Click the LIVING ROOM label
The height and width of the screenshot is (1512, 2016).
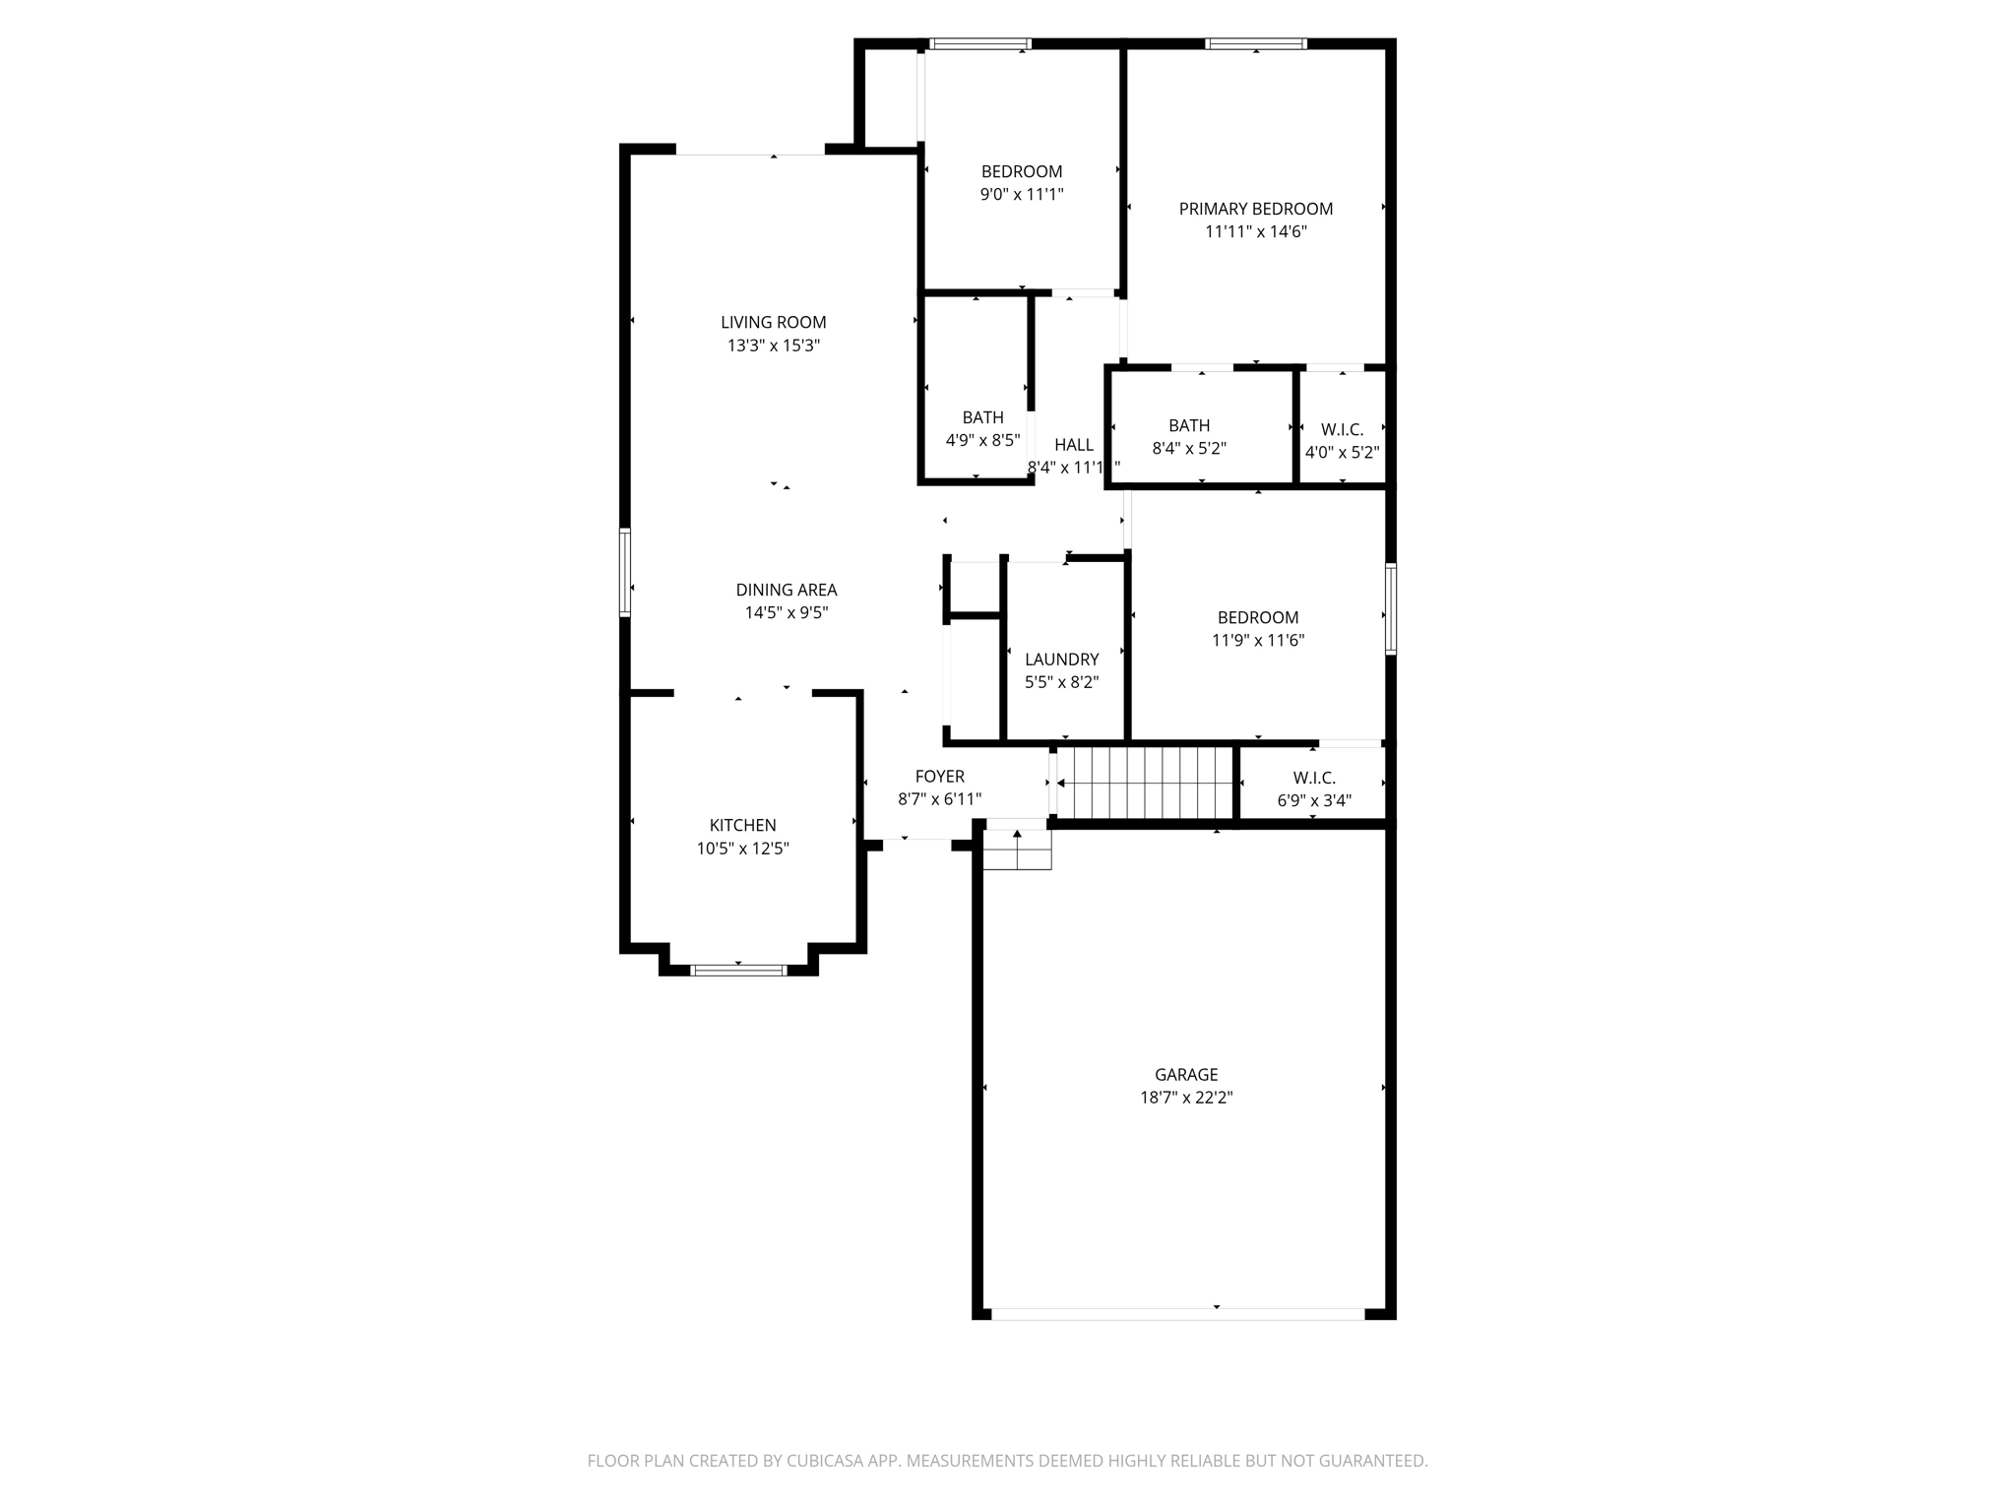[773, 322]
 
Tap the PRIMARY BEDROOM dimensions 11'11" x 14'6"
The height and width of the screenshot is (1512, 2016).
[1255, 232]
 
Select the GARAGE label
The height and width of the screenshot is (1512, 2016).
[1186, 1075]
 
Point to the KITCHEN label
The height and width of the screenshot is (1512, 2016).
[742, 825]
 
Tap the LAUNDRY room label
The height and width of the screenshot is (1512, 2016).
[1061, 660]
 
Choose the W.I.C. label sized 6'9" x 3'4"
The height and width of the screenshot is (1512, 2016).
[1314, 778]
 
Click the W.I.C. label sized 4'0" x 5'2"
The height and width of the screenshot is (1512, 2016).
[1342, 430]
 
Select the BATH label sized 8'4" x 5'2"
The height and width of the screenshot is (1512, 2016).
[1188, 425]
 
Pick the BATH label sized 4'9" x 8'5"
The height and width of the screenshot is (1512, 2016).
[982, 417]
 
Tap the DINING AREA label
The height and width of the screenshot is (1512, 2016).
[786, 590]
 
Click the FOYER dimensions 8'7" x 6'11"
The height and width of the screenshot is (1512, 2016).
[939, 800]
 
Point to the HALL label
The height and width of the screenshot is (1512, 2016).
[1073, 445]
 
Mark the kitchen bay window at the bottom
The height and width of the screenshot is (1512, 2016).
[738, 971]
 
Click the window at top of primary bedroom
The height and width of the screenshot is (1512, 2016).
[1256, 43]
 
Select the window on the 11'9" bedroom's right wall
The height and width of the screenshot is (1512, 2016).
[1390, 608]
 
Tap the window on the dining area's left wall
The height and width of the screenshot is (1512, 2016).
[625, 572]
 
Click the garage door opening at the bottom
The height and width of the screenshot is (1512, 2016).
[1177, 1314]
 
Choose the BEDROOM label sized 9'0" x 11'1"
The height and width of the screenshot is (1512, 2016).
[1021, 171]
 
